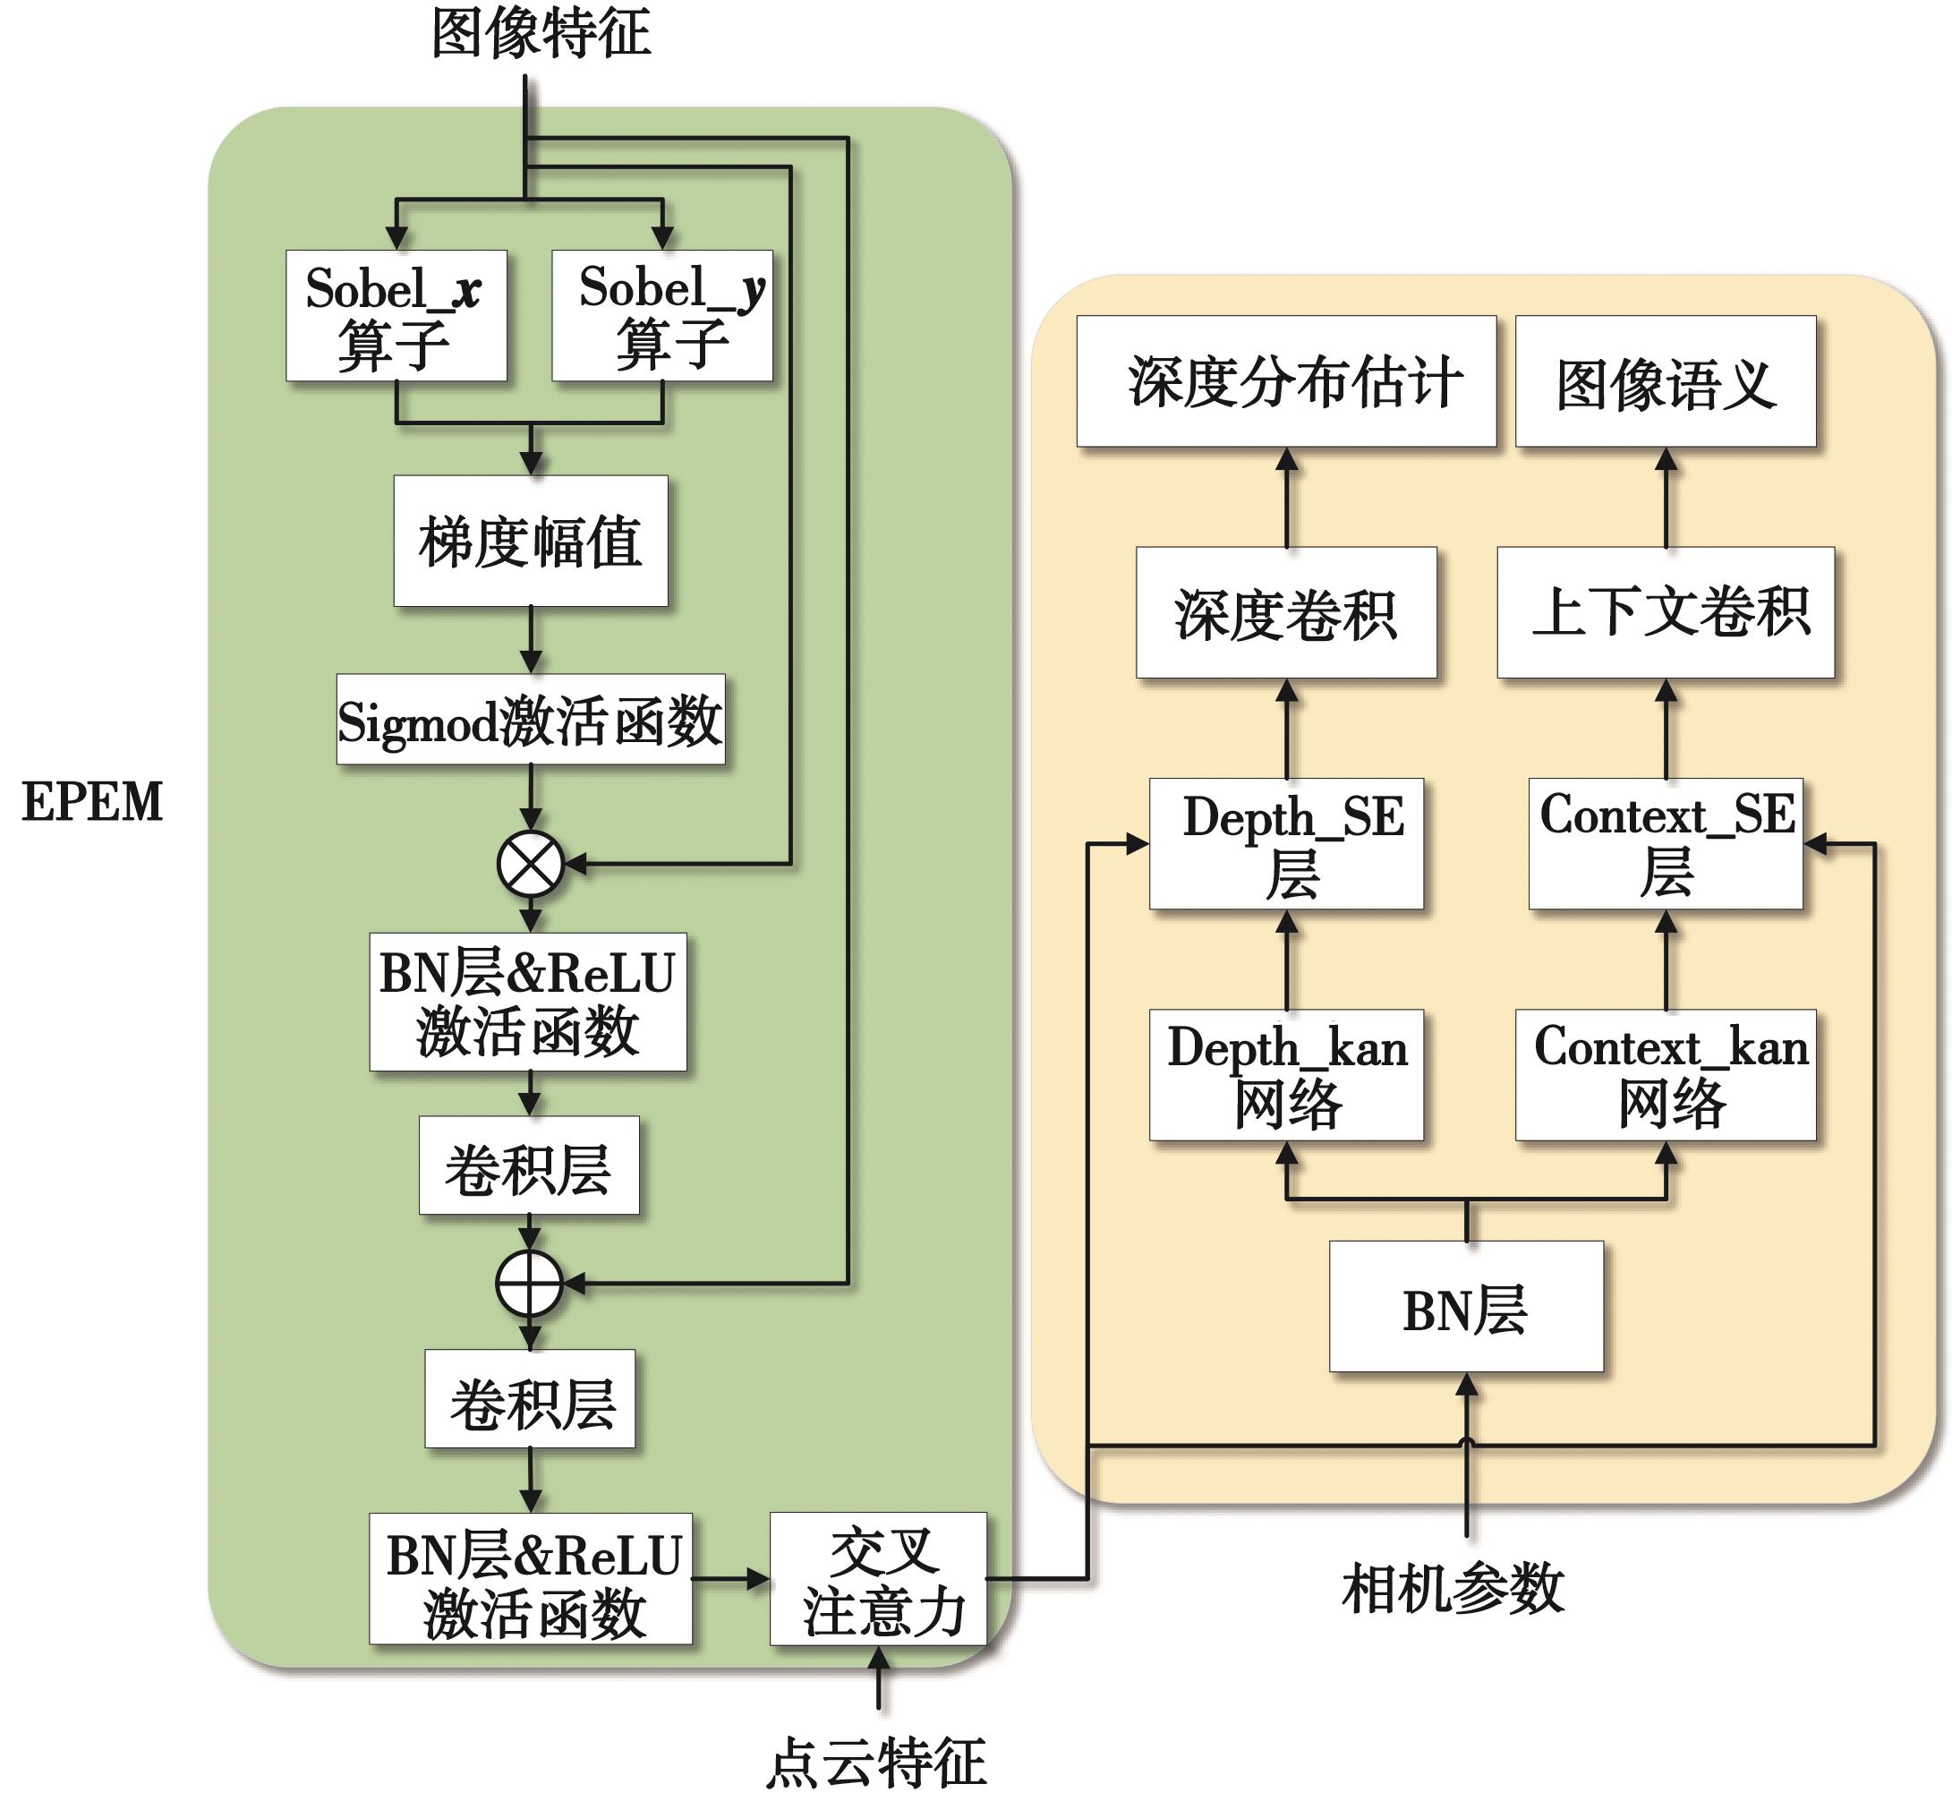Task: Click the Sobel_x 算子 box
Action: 396,315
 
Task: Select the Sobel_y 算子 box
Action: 661,315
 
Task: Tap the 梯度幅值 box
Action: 530,541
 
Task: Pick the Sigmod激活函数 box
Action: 530,719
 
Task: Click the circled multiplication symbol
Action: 530,864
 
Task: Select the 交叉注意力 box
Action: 878,1579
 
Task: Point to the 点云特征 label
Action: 876,1762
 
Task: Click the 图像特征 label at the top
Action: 540,34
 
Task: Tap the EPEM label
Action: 92,802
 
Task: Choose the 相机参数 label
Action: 1452,1589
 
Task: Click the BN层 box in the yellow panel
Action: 1466,1306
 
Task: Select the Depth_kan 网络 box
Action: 1286,1075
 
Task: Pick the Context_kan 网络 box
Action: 1666,1075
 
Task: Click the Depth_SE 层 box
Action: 1286,844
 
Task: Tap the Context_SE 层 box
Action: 1666,844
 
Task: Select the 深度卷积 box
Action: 1286,612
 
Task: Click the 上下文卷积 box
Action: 1666,612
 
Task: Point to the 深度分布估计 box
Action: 1286,381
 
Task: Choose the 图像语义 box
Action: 1666,381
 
